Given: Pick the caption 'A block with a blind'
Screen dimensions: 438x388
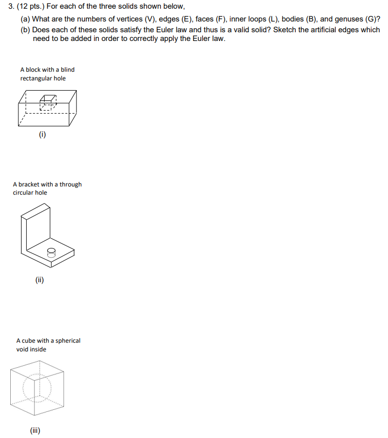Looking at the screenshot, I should (47, 70).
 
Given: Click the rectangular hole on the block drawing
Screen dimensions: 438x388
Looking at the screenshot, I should (48, 101).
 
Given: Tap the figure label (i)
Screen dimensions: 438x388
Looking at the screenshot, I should (42, 135).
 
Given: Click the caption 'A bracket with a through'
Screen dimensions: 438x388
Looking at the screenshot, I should (47, 184).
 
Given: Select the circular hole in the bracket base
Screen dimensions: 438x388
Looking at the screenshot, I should (51, 252).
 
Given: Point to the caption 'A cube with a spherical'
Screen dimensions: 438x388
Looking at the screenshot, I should (48, 341).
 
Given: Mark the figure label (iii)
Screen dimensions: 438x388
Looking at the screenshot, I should (35, 430).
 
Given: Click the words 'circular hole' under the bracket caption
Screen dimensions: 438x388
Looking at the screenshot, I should (30, 193).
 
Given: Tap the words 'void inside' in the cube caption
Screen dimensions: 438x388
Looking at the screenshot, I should (31, 349).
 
